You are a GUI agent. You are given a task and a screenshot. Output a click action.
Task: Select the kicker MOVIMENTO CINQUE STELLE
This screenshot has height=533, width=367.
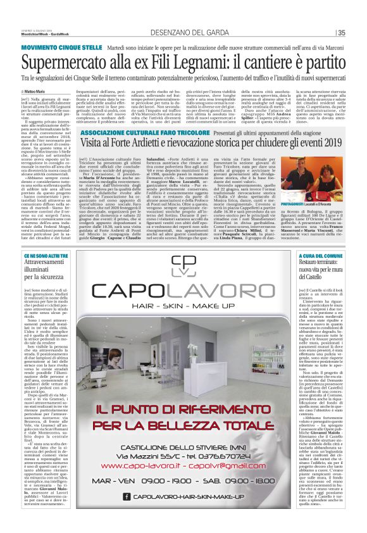(57, 47)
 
